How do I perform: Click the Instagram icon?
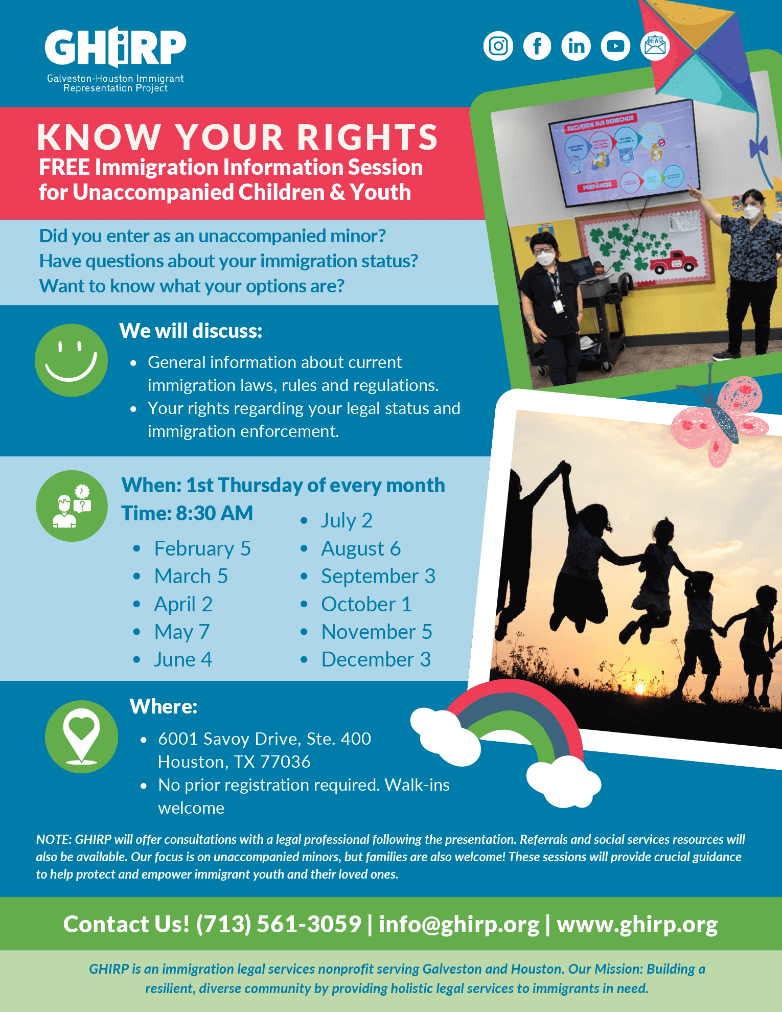tap(498, 46)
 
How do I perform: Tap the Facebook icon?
tap(537, 46)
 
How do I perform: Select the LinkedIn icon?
tap(576, 46)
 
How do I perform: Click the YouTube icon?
tap(615, 46)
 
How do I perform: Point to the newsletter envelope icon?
tap(655, 46)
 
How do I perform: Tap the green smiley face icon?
tap(71, 360)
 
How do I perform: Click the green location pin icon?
tap(81, 737)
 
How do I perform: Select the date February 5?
tap(202, 548)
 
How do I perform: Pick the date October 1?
tap(366, 604)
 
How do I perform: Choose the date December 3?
tap(376, 659)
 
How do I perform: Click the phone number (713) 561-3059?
tap(279, 924)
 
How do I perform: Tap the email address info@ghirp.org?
tap(458, 924)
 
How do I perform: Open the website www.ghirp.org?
tap(637, 924)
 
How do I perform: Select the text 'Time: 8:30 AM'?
tap(187, 513)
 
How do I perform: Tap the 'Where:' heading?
tap(163, 706)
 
